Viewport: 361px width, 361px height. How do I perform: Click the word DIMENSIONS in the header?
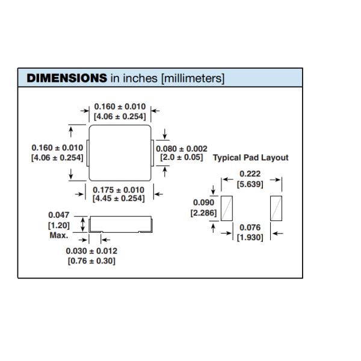[x=67, y=78]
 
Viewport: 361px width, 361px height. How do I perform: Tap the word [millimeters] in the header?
[x=193, y=78]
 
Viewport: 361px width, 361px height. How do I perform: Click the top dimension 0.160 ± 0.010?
[x=120, y=106]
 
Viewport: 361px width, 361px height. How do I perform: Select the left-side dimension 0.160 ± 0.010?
[x=57, y=147]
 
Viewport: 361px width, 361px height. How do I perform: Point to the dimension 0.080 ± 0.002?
[x=182, y=149]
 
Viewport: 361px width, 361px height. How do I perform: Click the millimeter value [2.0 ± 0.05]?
[x=182, y=158]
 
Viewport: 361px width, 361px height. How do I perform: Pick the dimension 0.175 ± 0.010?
[x=119, y=190]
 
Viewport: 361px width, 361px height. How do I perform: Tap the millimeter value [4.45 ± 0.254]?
[x=119, y=199]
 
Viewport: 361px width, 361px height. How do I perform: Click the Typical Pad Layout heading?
[x=251, y=158]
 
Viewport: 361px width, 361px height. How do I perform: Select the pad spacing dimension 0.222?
[x=250, y=174]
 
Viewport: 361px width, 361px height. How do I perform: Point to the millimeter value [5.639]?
[x=250, y=184]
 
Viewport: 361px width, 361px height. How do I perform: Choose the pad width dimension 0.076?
[x=250, y=227]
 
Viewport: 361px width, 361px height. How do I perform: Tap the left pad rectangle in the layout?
[x=227, y=208]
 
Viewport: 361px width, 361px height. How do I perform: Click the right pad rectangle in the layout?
[x=276, y=208]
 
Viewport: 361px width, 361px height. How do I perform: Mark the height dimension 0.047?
[x=58, y=215]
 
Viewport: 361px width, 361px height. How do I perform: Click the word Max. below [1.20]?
[x=58, y=235]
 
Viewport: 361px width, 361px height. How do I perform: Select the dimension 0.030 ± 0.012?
[x=92, y=251]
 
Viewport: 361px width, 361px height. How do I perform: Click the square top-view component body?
[x=119, y=153]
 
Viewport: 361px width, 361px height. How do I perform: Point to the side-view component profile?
[x=120, y=226]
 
